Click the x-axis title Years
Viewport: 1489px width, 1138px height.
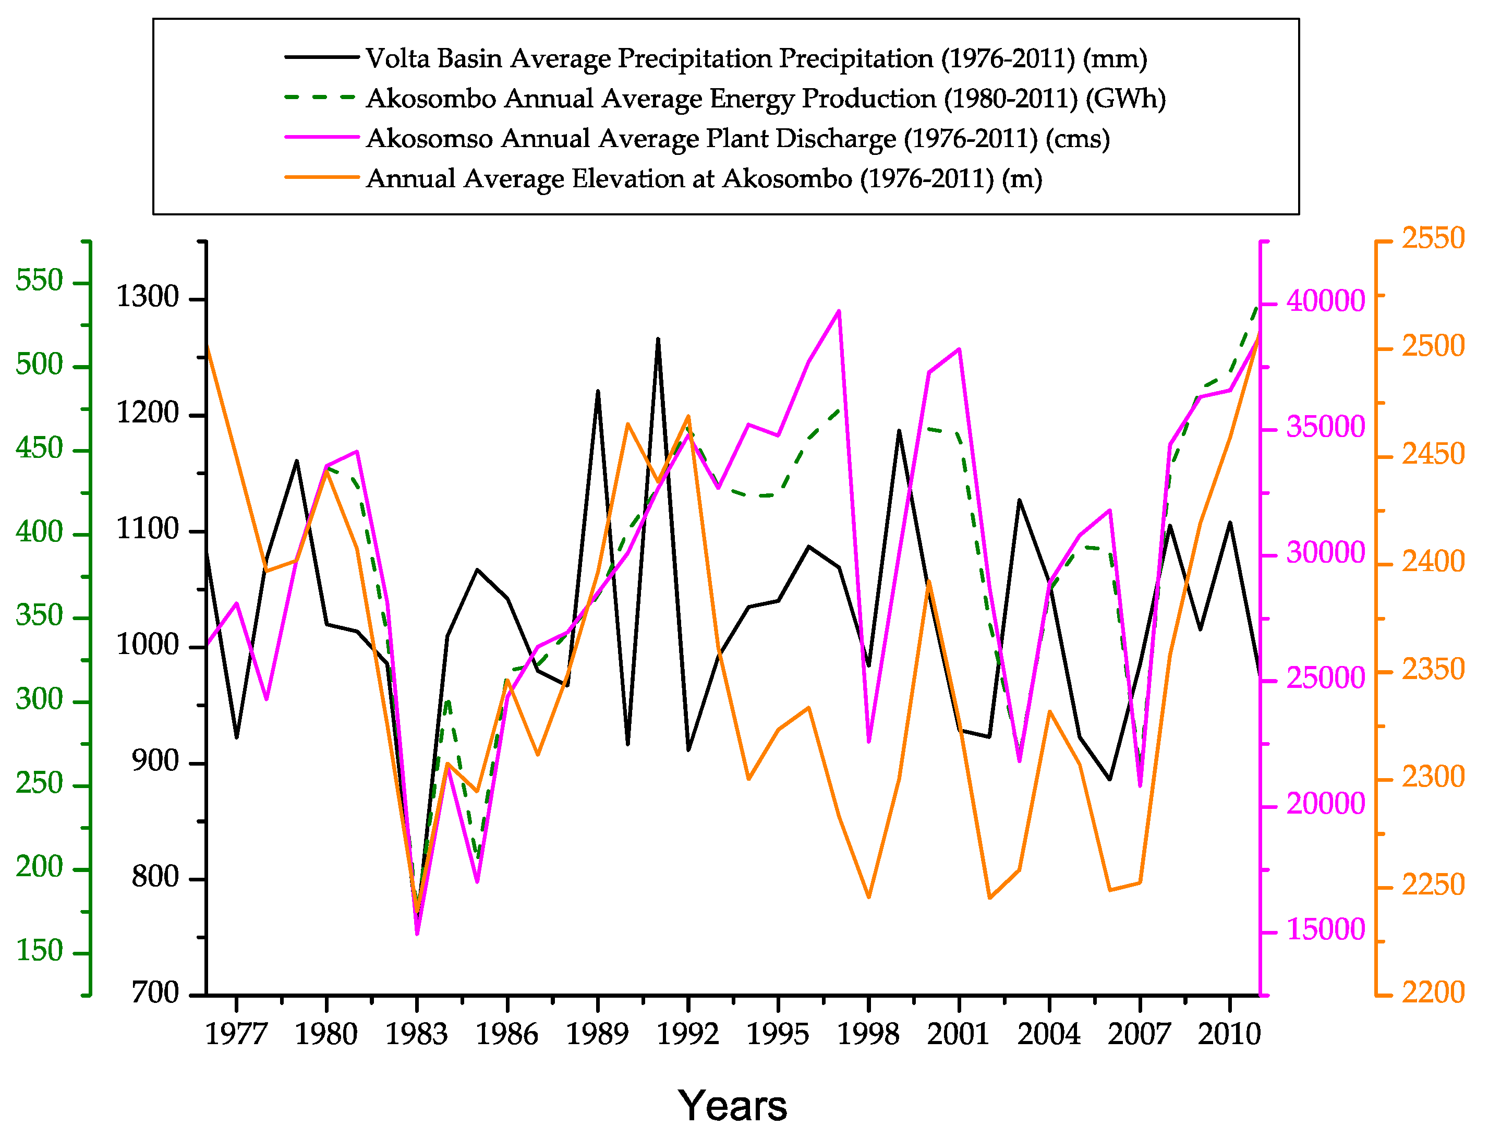coord(732,1106)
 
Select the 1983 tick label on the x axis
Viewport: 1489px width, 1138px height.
coord(417,1034)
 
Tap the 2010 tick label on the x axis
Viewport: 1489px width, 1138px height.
coord(1229,1034)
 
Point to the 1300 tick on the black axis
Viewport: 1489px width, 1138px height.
coord(148,297)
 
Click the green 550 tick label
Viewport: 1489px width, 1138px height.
coord(39,281)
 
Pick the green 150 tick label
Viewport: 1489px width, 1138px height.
coord(39,951)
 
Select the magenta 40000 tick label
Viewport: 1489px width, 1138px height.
coord(1326,301)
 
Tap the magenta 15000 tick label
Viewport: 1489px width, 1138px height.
coord(1326,930)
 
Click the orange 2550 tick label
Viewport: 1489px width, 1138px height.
coord(1433,238)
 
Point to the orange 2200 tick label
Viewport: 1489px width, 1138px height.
coord(1433,993)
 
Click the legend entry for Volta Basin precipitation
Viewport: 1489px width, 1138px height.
coord(755,58)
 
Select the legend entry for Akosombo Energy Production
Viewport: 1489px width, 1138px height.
coord(766,98)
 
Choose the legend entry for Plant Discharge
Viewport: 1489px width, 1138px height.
coord(737,138)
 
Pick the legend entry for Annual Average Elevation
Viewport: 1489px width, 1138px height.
coord(703,178)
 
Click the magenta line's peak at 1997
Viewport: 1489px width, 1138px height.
coord(839,311)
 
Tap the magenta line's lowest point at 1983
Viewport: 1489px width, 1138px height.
coord(417,934)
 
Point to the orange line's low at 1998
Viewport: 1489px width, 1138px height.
coord(868,898)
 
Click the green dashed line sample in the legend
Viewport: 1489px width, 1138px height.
coord(321,98)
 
